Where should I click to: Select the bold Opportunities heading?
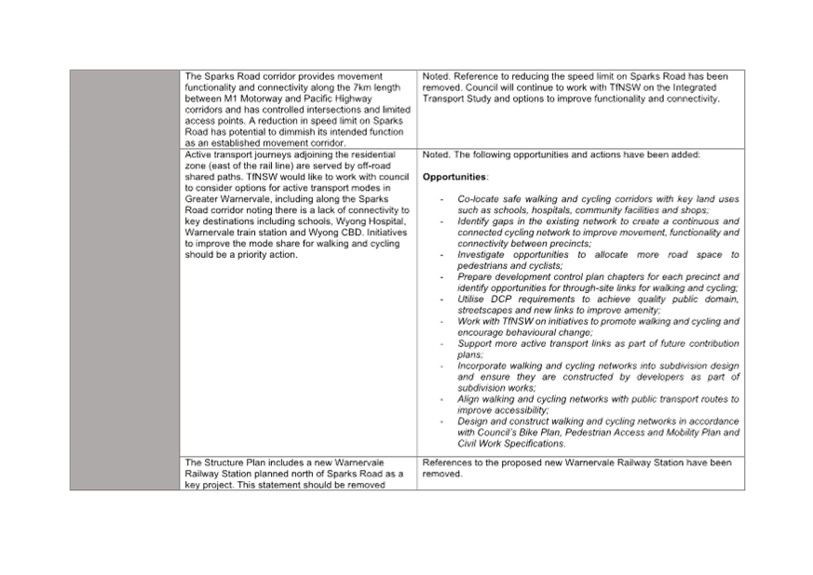pos(454,177)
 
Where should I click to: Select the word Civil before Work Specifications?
pos(467,444)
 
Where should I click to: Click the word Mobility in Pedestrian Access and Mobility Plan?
pos(683,433)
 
